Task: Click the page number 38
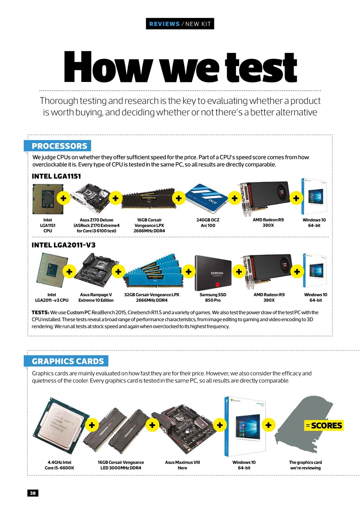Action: [x=33, y=493]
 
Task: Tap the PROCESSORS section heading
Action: [x=59, y=146]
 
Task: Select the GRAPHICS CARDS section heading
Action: [x=68, y=361]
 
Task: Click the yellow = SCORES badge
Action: [x=324, y=425]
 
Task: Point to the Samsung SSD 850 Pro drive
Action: [x=213, y=273]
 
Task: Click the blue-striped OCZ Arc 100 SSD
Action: [x=206, y=198]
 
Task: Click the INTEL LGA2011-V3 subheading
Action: [x=63, y=245]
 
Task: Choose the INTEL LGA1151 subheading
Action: [x=56, y=176]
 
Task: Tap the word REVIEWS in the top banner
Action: [x=164, y=24]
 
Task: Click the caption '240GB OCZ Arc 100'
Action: [x=208, y=223]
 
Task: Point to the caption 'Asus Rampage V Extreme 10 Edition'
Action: [x=96, y=297]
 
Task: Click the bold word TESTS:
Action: [x=41, y=313]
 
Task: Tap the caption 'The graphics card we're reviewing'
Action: [x=305, y=465]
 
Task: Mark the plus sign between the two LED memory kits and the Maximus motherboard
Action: [x=152, y=425]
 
